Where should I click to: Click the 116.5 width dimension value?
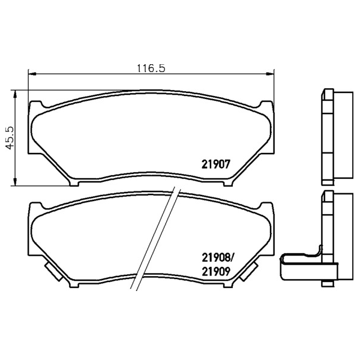(x=151, y=68)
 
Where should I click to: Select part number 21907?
(x=215, y=164)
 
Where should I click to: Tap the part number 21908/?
(x=217, y=258)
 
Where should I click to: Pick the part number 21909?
(x=215, y=272)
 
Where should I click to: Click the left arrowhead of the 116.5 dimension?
(x=32, y=73)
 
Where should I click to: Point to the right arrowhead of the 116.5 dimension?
(x=270, y=73)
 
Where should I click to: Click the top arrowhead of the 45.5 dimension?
(x=15, y=94)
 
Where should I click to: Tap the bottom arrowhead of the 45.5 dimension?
(x=15, y=181)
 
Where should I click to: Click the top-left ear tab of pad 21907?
(x=36, y=104)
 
